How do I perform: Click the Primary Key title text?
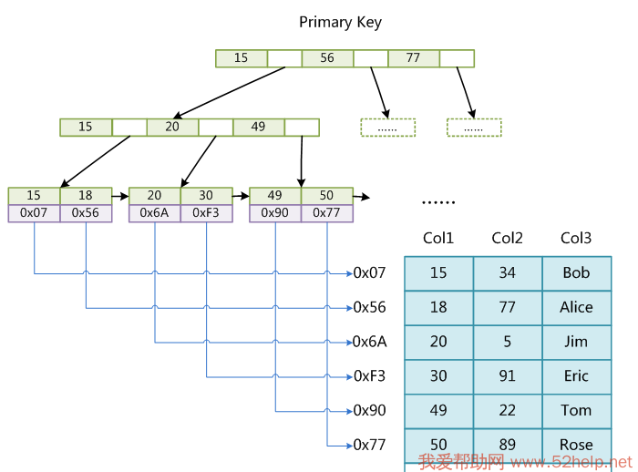click(340, 22)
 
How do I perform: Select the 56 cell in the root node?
click(327, 58)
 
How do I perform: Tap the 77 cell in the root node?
click(413, 58)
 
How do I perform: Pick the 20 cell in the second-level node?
click(172, 128)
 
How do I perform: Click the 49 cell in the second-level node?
click(259, 128)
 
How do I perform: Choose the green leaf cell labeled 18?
click(86, 196)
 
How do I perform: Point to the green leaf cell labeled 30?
click(206, 196)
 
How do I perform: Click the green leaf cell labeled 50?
click(326, 196)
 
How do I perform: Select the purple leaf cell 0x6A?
click(155, 213)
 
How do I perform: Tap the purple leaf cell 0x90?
click(275, 213)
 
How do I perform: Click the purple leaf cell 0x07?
click(34, 213)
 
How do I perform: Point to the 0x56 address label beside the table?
click(370, 308)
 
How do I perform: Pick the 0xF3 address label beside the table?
click(370, 376)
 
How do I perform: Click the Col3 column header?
click(576, 239)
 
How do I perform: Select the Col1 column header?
click(438, 239)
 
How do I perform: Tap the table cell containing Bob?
click(576, 273)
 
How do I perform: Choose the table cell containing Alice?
click(576, 308)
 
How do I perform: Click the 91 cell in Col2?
click(508, 376)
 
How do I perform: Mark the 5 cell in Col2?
click(508, 342)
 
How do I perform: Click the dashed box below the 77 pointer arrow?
click(474, 128)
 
